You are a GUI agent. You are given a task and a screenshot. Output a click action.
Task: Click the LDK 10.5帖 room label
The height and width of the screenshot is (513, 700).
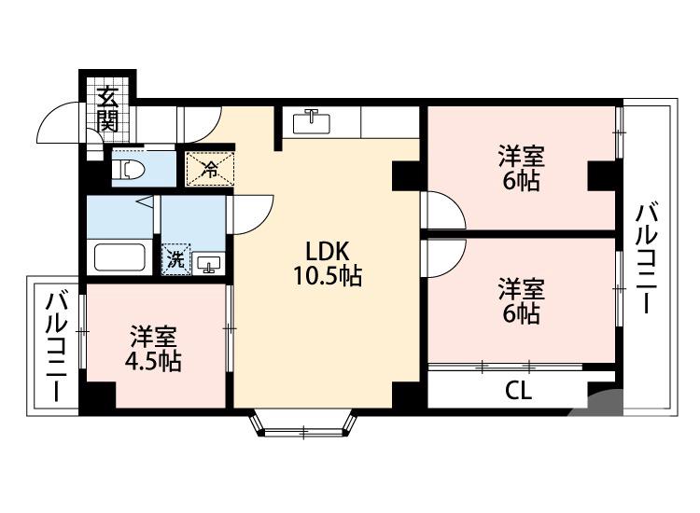[326, 263]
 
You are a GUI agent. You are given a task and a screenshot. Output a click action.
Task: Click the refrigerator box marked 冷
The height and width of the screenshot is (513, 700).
[210, 169]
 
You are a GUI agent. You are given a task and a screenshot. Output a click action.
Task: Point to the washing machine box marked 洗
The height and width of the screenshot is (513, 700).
[175, 260]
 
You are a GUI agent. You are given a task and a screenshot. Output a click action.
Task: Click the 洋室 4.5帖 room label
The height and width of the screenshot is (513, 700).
[155, 348]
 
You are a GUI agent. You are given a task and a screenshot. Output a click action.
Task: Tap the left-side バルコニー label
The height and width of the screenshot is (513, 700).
[56, 346]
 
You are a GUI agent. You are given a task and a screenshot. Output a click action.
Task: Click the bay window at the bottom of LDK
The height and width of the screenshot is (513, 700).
[304, 425]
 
